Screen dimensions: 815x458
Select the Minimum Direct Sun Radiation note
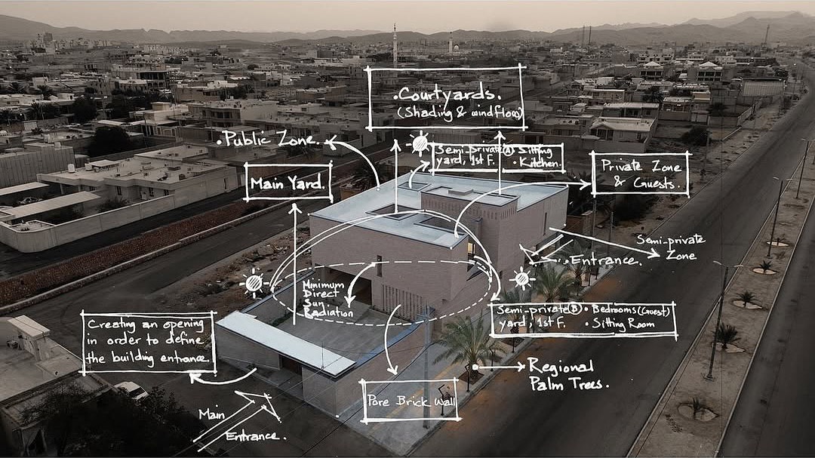[x=328, y=299]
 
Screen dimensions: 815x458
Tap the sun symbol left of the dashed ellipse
[x=254, y=283]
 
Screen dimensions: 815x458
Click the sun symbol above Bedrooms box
[x=522, y=280]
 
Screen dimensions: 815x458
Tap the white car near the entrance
[x=131, y=390]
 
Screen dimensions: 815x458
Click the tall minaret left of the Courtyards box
[x=395, y=47]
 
